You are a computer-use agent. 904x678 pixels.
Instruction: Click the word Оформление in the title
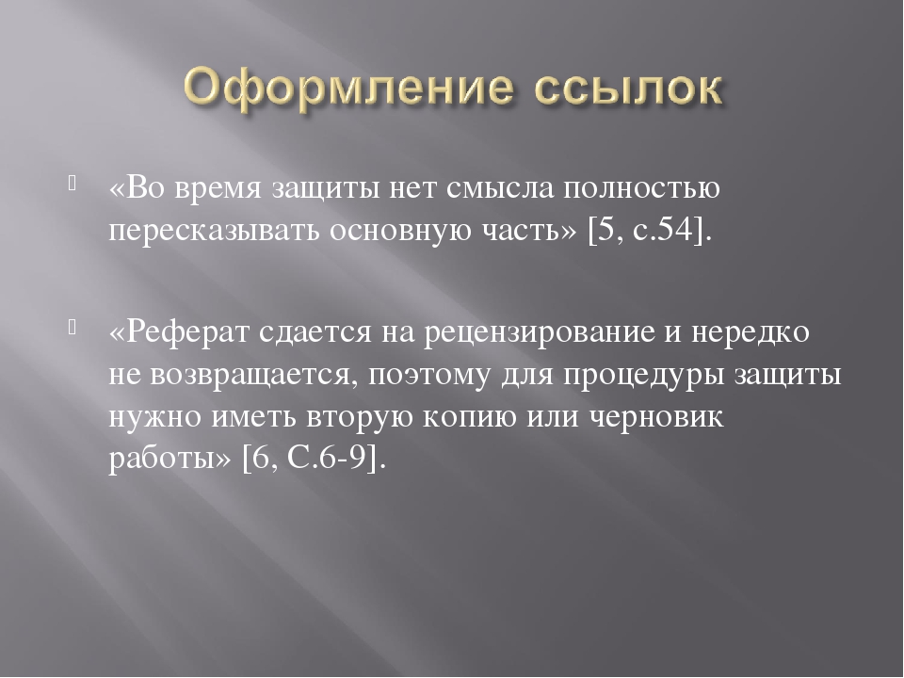coord(347,89)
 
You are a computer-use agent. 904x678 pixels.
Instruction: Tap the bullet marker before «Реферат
coord(73,327)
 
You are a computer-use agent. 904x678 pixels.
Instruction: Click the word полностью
coord(641,188)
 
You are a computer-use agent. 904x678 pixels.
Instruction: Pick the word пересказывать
coord(215,232)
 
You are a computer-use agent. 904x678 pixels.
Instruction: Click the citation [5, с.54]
coord(650,230)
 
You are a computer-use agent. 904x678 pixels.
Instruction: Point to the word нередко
coord(751,332)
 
